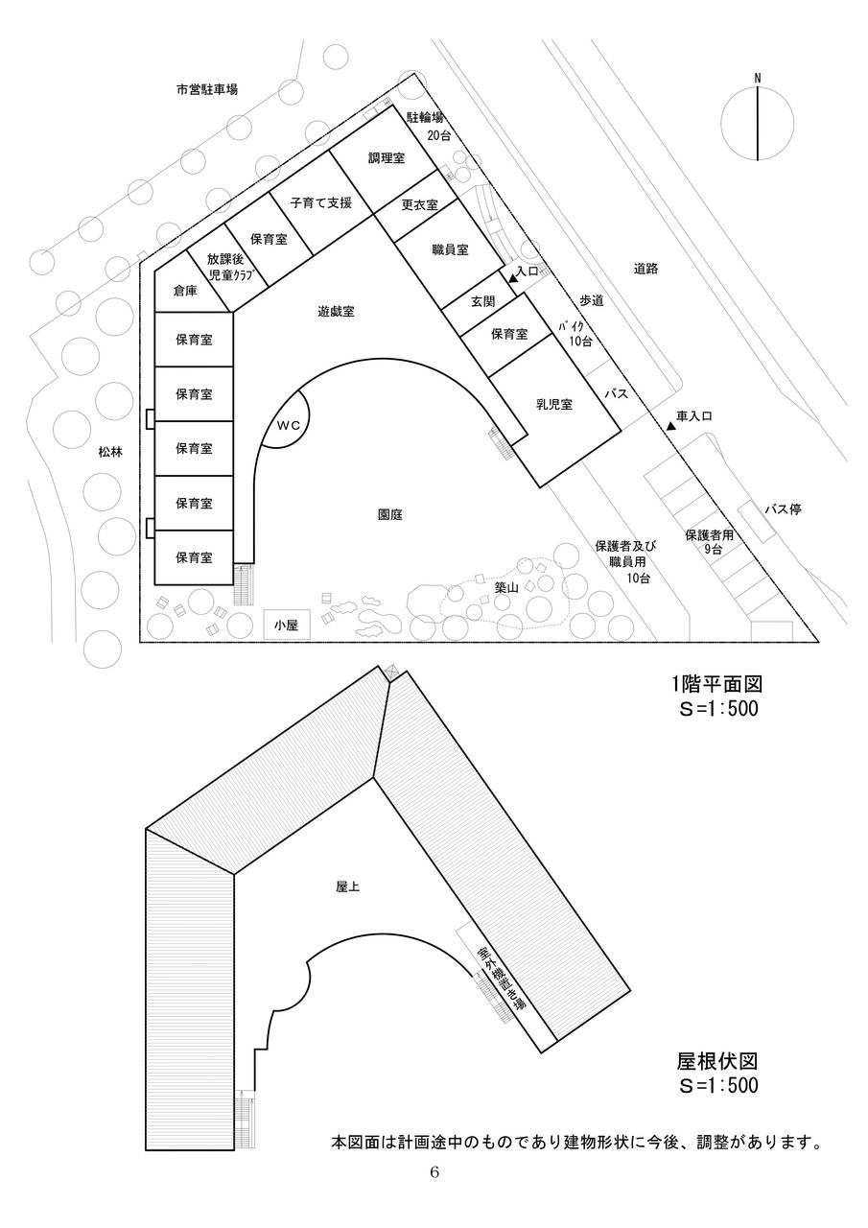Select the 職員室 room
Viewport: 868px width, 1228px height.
pyautogui.click(x=449, y=250)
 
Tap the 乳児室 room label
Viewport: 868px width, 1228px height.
pyautogui.click(x=554, y=404)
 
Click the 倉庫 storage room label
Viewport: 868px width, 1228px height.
pyautogui.click(x=185, y=290)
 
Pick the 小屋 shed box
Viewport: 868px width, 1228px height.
pyautogui.click(x=287, y=625)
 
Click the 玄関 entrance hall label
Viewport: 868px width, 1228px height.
pyautogui.click(x=481, y=301)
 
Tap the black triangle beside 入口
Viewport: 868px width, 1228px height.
pyautogui.click(x=514, y=278)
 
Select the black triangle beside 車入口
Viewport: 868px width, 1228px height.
pyautogui.click(x=670, y=424)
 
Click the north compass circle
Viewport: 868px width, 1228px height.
pyautogui.click(x=758, y=124)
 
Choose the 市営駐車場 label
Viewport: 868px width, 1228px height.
pyautogui.click(x=206, y=89)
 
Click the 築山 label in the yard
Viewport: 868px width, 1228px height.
pyautogui.click(x=506, y=588)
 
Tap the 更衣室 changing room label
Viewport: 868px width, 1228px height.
pyautogui.click(x=419, y=204)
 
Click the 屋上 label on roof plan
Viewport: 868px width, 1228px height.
pyautogui.click(x=348, y=887)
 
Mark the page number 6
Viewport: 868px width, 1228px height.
pyautogui.click(x=434, y=1172)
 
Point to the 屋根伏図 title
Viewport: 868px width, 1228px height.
pyautogui.click(x=718, y=1061)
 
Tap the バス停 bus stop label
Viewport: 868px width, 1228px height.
pyautogui.click(x=782, y=509)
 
